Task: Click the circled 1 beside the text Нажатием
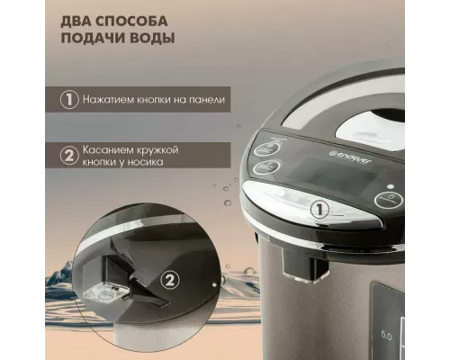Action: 69,101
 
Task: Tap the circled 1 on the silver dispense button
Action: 318,209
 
